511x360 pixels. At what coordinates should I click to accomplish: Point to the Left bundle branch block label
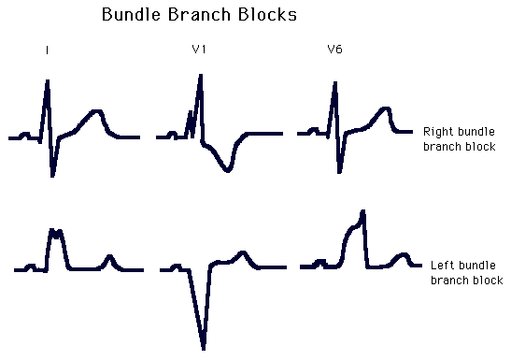pyautogui.click(x=465, y=273)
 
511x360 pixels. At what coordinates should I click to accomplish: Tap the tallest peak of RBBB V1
pyautogui.click(x=200, y=77)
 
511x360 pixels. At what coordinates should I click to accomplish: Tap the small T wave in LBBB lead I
pyautogui.click(x=110, y=257)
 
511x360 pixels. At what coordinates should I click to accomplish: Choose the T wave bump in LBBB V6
pyautogui.click(x=402, y=254)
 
